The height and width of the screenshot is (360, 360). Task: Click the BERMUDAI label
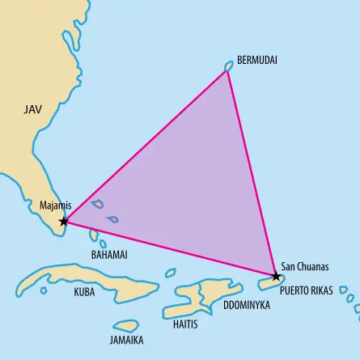click(257, 61)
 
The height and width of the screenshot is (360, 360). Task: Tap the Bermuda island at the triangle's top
click(229, 67)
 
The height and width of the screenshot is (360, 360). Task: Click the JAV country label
click(32, 108)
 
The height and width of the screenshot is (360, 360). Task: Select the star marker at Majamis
click(64, 221)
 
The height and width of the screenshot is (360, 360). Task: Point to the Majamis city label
click(56, 205)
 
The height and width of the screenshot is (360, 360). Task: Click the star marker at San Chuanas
click(277, 277)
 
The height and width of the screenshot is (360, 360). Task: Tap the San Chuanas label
click(304, 265)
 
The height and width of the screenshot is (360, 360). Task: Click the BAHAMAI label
click(109, 254)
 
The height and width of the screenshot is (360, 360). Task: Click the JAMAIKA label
click(127, 341)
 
